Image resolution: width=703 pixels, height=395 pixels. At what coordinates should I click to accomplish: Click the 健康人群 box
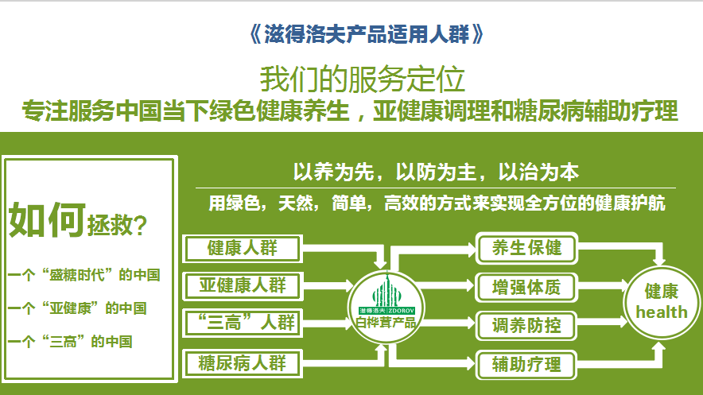pyautogui.click(x=242, y=248)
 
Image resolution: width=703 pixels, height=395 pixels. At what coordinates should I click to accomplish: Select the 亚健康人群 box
pyautogui.click(x=243, y=286)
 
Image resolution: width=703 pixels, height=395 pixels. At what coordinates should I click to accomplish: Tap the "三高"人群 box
pyautogui.click(x=243, y=323)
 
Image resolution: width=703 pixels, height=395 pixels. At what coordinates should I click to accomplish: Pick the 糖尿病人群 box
pyautogui.click(x=243, y=363)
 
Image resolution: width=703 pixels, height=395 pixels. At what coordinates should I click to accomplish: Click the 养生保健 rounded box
pyautogui.click(x=526, y=248)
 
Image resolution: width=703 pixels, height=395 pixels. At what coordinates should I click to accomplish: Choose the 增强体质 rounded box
pyautogui.click(x=526, y=287)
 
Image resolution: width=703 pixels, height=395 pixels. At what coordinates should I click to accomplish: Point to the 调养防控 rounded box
pyautogui.click(x=526, y=326)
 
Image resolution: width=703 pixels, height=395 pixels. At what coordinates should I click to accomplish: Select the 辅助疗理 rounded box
pyautogui.click(x=526, y=365)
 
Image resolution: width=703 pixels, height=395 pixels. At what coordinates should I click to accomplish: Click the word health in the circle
pyautogui.click(x=662, y=312)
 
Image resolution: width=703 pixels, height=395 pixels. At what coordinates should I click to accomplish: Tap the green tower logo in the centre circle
pyautogui.click(x=386, y=290)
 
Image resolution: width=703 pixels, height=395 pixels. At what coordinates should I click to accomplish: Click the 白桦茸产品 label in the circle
pyautogui.click(x=386, y=322)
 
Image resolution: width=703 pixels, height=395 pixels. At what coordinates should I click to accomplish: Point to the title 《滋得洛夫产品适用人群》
pyautogui.click(x=366, y=34)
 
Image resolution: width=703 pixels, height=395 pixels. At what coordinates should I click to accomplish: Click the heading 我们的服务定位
pyautogui.click(x=363, y=79)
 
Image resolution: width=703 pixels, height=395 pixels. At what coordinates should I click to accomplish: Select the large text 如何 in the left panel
pyautogui.click(x=47, y=219)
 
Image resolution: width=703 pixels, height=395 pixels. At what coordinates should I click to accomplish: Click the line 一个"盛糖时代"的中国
pyautogui.click(x=84, y=274)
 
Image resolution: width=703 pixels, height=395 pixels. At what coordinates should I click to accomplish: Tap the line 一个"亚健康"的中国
pyautogui.click(x=77, y=308)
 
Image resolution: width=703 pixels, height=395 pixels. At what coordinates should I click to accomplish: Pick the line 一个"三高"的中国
pyautogui.click(x=70, y=342)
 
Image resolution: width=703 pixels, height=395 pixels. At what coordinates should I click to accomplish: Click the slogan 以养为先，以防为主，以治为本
pyautogui.click(x=436, y=172)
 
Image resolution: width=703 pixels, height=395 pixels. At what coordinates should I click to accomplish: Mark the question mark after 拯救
pyautogui.click(x=140, y=225)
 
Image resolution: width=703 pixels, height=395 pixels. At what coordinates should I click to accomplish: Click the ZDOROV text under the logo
pyautogui.click(x=402, y=310)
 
